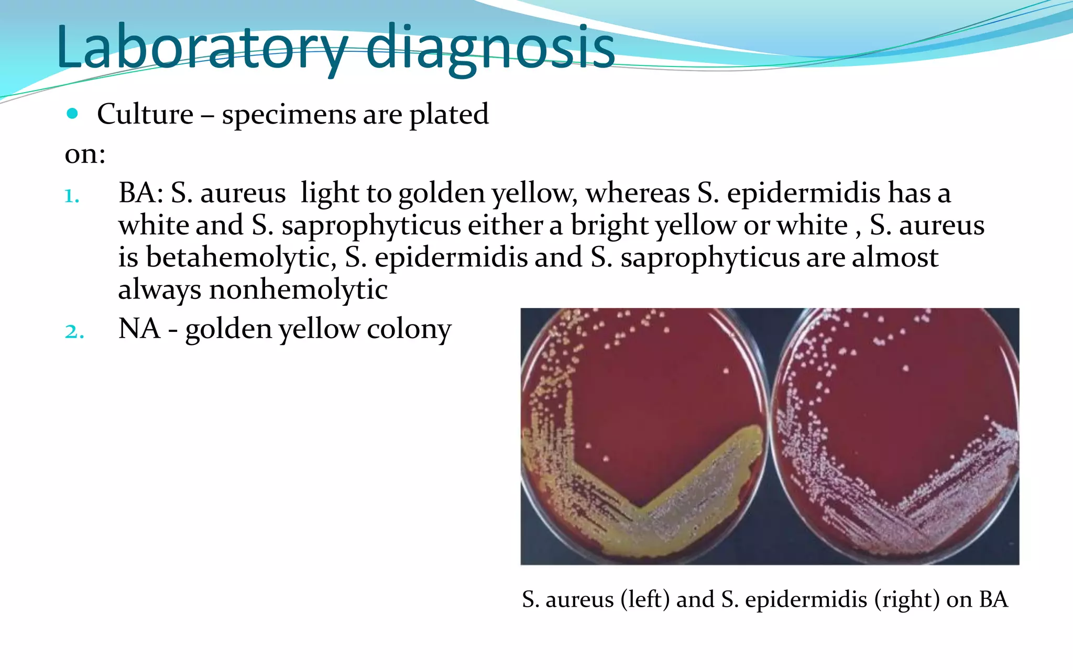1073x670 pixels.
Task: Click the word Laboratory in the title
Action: click(202, 47)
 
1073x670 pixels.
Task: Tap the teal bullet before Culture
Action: click(73, 114)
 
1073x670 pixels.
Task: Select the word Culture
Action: click(145, 114)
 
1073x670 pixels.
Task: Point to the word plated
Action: click(448, 114)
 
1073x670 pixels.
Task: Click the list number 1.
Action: click(72, 196)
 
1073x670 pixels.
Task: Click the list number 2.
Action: click(74, 331)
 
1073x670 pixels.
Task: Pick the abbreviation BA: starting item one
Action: click(141, 193)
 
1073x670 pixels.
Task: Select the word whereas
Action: click(637, 193)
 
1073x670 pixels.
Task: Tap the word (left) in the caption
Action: click(645, 599)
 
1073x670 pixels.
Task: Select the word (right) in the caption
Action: click(906, 599)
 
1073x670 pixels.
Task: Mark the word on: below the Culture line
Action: click(85, 154)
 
